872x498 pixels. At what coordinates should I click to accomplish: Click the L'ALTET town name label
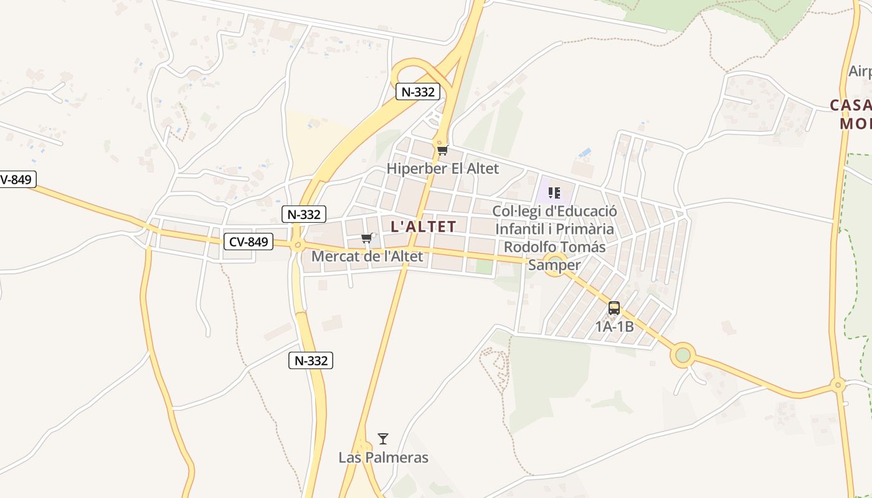point(424,227)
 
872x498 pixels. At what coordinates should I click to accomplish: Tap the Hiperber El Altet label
point(442,169)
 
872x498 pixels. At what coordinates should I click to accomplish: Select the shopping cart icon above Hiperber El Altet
point(442,150)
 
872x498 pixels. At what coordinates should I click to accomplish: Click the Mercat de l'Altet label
point(367,256)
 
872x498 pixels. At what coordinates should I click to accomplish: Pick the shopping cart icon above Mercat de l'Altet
point(367,238)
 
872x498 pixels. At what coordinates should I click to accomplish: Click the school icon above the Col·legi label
point(554,193)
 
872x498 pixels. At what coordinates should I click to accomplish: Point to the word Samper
point(554,265)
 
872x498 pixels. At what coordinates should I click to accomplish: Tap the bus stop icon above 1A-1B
point(614,308)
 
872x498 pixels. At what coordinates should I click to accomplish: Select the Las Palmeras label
point(383,458)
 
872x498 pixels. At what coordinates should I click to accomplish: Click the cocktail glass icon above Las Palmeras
point(383,439)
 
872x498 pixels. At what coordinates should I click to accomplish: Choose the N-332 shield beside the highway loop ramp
point(418,92)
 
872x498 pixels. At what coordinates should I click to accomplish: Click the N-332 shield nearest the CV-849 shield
point(304,215)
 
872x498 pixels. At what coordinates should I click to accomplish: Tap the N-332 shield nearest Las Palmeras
point(311,360)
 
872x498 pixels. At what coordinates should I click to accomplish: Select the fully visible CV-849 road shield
point(249,242)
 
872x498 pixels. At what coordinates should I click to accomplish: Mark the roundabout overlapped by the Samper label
point(554,261)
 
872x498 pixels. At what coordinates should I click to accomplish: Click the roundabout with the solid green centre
point(683,355)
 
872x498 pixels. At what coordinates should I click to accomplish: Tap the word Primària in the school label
point(584,229)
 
